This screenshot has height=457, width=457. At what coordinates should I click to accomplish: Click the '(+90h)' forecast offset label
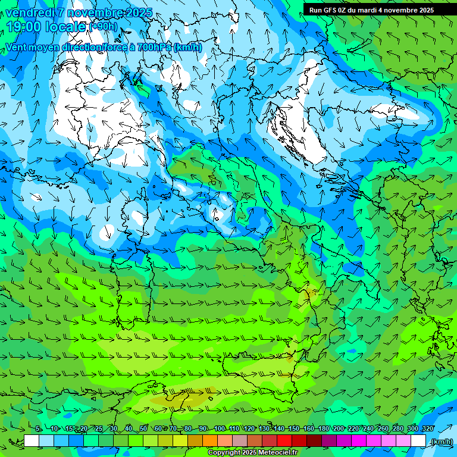pyautogui.click(x=103, y=27)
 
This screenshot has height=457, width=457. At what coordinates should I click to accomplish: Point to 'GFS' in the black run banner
pyautogui.click(x=331, y=10)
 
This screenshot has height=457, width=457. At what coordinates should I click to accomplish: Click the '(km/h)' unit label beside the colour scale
pyautogui.click(x=441, y=441)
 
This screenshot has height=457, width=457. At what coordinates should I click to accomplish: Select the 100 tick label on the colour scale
pyautogui.click(x=220, y=429)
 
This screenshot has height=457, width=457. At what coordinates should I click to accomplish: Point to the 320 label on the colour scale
pyautogui.click(x=428, y=429)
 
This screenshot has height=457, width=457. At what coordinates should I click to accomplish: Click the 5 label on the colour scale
pyautogui.click(x=38, y=429)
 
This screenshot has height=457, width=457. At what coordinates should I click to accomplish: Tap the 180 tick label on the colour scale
pyautogui.click(x=323, y=429)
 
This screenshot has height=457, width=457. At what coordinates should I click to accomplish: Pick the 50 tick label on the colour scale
pyautogui.click(x=143, y=429)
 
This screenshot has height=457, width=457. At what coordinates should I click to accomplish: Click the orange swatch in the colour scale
pyautogui.click(x=210, y=441)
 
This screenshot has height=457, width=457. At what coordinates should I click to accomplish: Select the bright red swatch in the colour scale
pyautogui.click(x=284, y=441)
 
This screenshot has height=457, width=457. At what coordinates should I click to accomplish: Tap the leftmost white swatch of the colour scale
pyautogui.click(x=32, y=441)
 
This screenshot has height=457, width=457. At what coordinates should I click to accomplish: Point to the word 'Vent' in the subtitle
pyautogui.click(x=17, y=48)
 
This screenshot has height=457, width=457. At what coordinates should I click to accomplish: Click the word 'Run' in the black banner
pyautogui.click(x=316, y=10)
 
